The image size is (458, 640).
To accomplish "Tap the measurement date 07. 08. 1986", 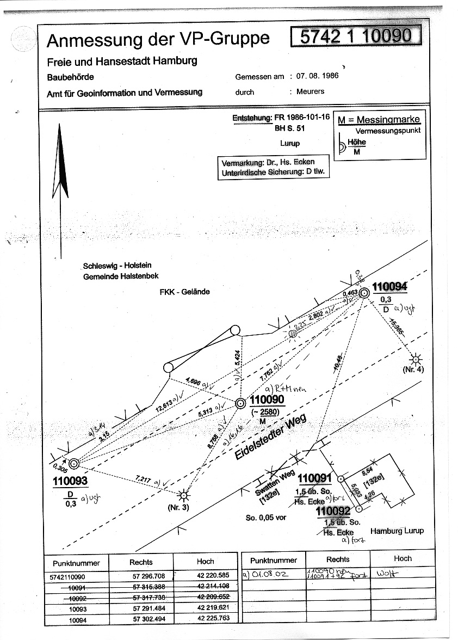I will [x=318, y=76].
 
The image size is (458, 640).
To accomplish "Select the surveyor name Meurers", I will [x=310, y=91].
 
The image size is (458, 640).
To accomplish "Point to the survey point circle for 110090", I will [x=240, y=403].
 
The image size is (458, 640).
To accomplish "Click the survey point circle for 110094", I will [x=364, y=293].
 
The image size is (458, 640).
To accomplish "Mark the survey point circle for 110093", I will [x=74, y=463].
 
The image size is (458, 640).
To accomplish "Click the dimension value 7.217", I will [x=144, y=480].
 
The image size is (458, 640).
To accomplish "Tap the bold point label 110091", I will [x=315, y=478].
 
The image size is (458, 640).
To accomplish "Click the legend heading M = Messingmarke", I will [x=379, y=120].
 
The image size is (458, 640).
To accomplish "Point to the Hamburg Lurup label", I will [x=397, y=531].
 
